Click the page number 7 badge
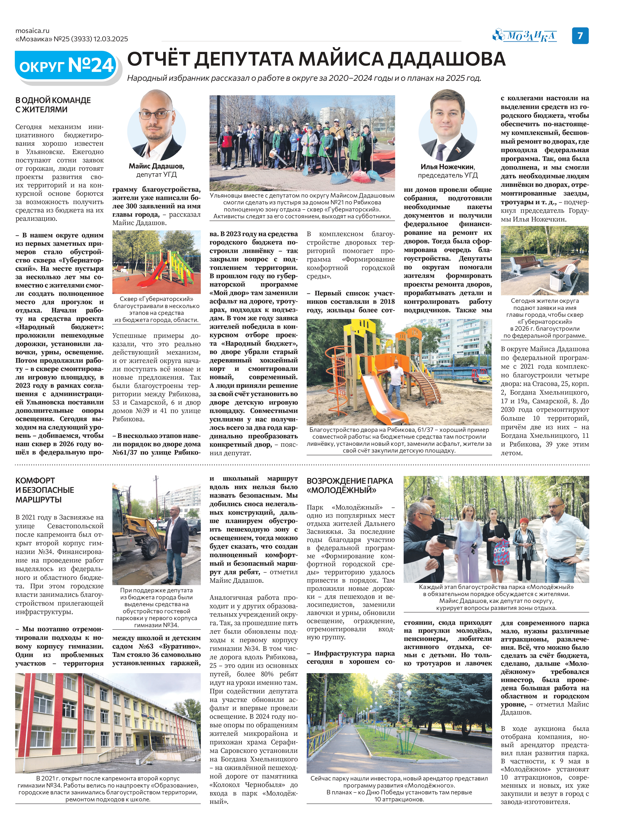point(580,36)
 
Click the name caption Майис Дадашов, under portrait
point(156,166)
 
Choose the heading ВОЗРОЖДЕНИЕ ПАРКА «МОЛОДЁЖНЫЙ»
point(350,485)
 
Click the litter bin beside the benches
point(557,281)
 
